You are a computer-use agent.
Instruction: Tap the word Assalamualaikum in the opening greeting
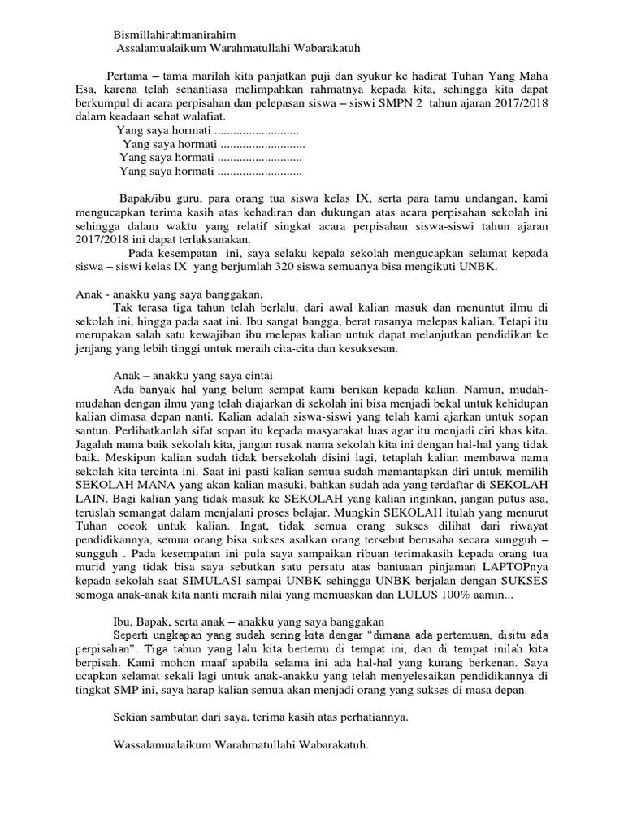pos(162,49)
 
